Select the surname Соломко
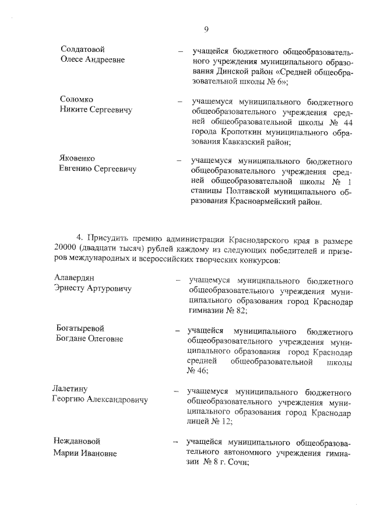point(76,99)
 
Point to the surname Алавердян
point(75,278)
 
